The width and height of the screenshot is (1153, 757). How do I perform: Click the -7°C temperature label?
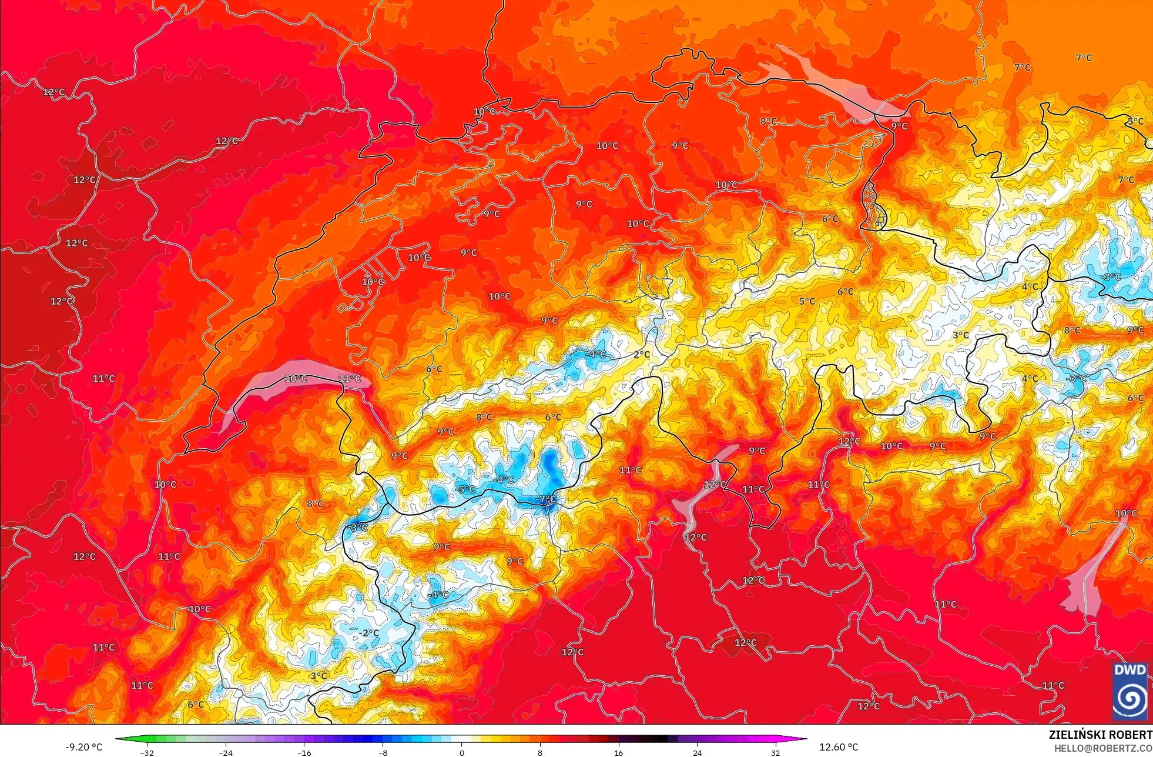pos(546,499)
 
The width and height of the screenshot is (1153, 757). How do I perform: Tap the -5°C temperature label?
pos(466,489)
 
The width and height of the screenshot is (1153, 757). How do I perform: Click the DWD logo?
pos(1129,691)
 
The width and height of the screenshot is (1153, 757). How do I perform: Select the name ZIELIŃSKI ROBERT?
pos(1100,735)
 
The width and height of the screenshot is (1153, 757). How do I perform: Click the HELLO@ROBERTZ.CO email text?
pos(1102,748)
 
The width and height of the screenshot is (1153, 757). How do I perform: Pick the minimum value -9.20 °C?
pos(83,747)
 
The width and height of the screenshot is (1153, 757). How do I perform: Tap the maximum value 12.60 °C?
pos(839,747)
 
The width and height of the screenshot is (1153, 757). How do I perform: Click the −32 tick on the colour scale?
pos(147,753)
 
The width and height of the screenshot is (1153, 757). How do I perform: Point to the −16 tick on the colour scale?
pos(304,753)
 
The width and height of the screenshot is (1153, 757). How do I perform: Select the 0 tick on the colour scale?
pos(461,753)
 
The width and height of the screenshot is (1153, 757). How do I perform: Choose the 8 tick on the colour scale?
pos(539,753)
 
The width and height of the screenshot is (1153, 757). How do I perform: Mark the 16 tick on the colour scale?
pos(618,753)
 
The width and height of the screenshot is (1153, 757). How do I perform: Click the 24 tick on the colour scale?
pos(697,753)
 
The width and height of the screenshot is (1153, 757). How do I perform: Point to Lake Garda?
pos(1093,579)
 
